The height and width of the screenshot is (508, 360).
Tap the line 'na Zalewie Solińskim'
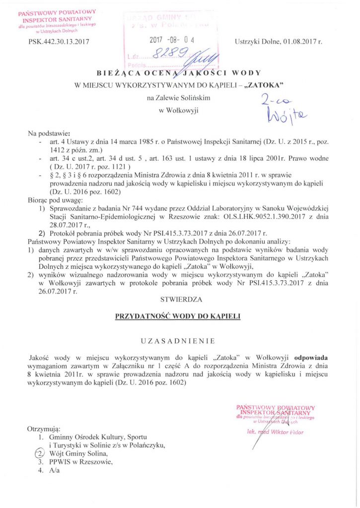[x=179, y=99]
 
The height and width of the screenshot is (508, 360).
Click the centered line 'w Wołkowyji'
[x=179, y=110]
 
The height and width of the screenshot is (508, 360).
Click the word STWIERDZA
[x=179, y=300]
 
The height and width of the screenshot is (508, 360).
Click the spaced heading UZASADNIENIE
[x=179, y=341]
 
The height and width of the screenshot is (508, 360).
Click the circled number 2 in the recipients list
[x=40, y=453]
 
